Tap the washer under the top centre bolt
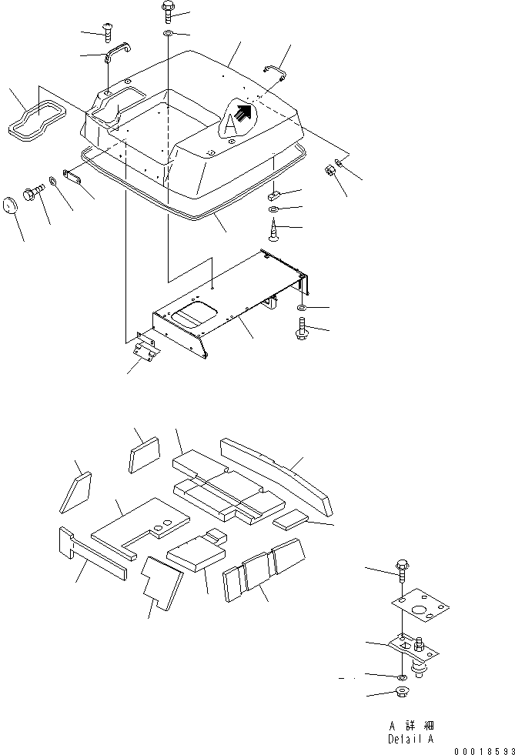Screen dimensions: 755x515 coord(168,35)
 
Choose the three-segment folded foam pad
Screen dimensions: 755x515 coord(263,570)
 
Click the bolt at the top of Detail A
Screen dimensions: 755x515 coord(404,569)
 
